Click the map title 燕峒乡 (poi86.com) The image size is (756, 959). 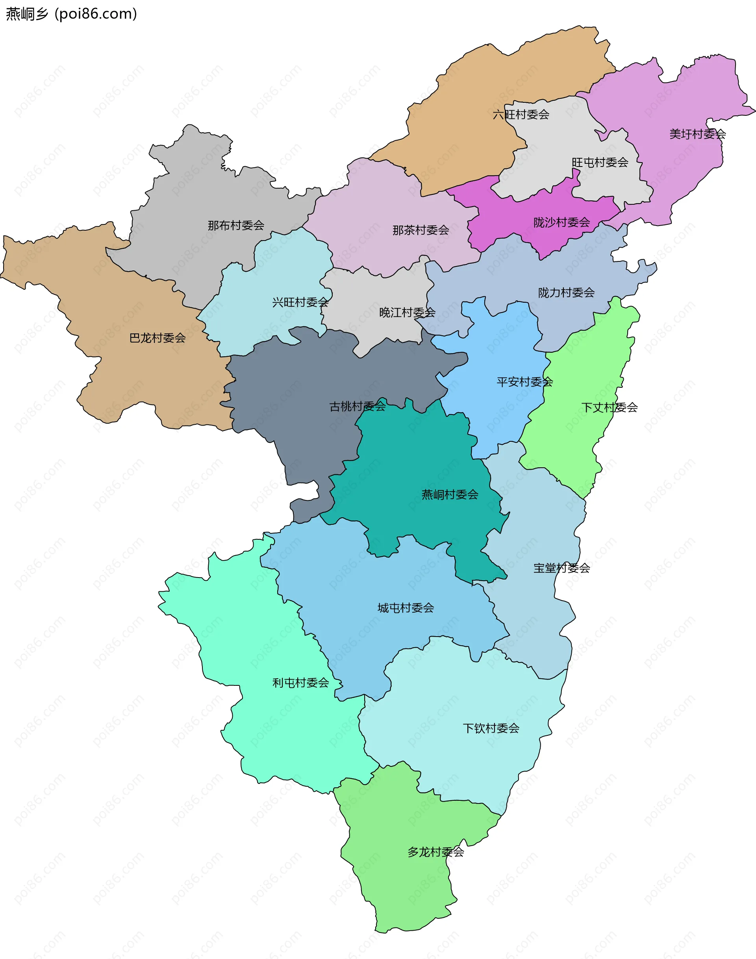click(x=71, y=14)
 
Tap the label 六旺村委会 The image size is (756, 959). click(x=521, y=115)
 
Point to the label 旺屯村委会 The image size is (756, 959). click(x=600, y=163)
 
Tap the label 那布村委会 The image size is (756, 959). click(x=236, y=226)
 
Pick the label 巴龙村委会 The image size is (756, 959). click(x=157, y=338)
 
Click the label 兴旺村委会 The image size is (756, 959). click(x=300, y=302)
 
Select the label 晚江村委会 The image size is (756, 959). click(x=407, y=313)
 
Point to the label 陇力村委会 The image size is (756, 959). click(x=566, y=293)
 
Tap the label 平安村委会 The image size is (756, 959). click(x=524, y=382)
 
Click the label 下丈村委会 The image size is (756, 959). click(x=609, y=407)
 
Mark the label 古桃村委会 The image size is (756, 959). click(x=357, y=406)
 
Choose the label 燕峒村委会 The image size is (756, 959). click(x=450, y=495)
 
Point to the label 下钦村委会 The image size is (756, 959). click(x=491, y=728)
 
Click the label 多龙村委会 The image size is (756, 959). click(x=435, y=852)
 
